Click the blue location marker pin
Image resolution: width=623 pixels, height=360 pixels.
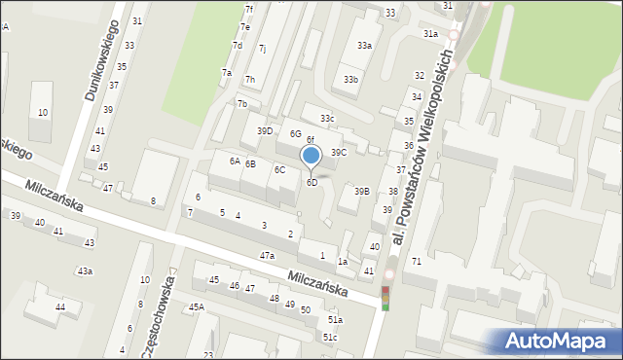311,157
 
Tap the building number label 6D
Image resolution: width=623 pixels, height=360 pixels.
311,183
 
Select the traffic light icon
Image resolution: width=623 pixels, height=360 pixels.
385,299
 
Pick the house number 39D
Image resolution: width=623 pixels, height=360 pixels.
265,130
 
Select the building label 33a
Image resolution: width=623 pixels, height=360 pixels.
364,46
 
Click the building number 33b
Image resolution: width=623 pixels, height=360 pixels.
349,80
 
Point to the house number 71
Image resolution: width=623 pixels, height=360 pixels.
416,262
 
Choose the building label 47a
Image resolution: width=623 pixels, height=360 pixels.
267,255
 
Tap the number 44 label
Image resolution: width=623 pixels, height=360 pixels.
60,307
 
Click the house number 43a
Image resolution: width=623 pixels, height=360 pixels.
85,270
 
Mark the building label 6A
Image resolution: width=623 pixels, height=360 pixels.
235,161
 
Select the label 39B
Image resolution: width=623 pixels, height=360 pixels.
361,192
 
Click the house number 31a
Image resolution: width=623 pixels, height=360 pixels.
429,34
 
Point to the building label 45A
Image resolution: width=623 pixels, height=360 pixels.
197,307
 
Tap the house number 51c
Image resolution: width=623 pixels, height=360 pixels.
331,338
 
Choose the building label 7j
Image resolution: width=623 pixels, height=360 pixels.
262,48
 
